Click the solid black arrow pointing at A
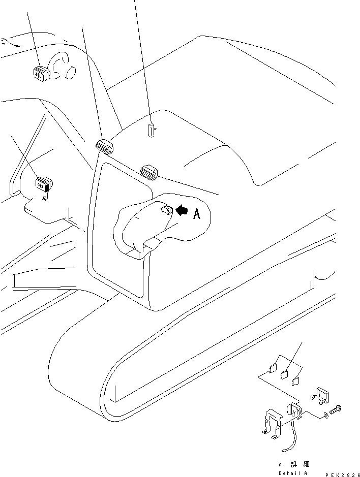coord(182,210)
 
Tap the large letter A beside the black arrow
coord(197,213)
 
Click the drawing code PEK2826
coord(343,475)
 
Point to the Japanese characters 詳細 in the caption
coord(300,464)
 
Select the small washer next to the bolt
coord(325,415)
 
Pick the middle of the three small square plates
coord(284,374)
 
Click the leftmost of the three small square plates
coord(273,368)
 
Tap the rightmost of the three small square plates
coord(295,381)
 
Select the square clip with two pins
coord(320,396)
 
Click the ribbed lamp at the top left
coord(41,74)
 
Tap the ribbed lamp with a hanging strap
coord(44,184)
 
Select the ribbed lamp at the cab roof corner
coord(105,147)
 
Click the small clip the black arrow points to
coord(167,210)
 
